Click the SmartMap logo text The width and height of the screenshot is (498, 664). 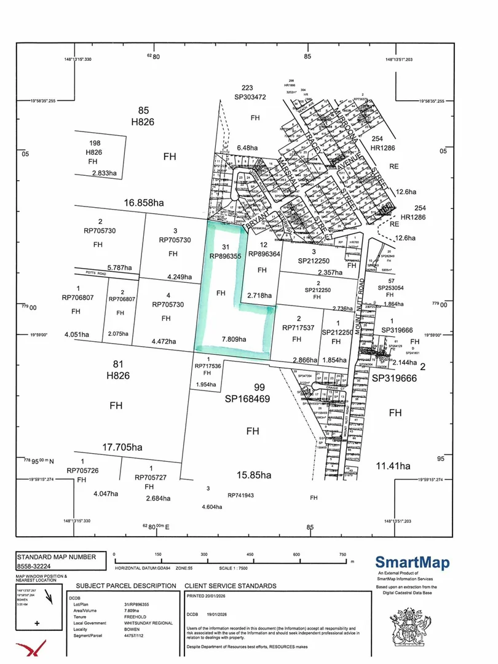tap(412, 562)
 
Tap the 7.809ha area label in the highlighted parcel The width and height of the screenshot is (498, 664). tap(234, 339)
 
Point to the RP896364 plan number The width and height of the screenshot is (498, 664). tap(264, 253)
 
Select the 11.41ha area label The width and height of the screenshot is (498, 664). tap(392, 467)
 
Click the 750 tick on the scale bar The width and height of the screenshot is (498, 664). tap(342, 554)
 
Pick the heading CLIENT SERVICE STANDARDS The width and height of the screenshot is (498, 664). tap(231, 586)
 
